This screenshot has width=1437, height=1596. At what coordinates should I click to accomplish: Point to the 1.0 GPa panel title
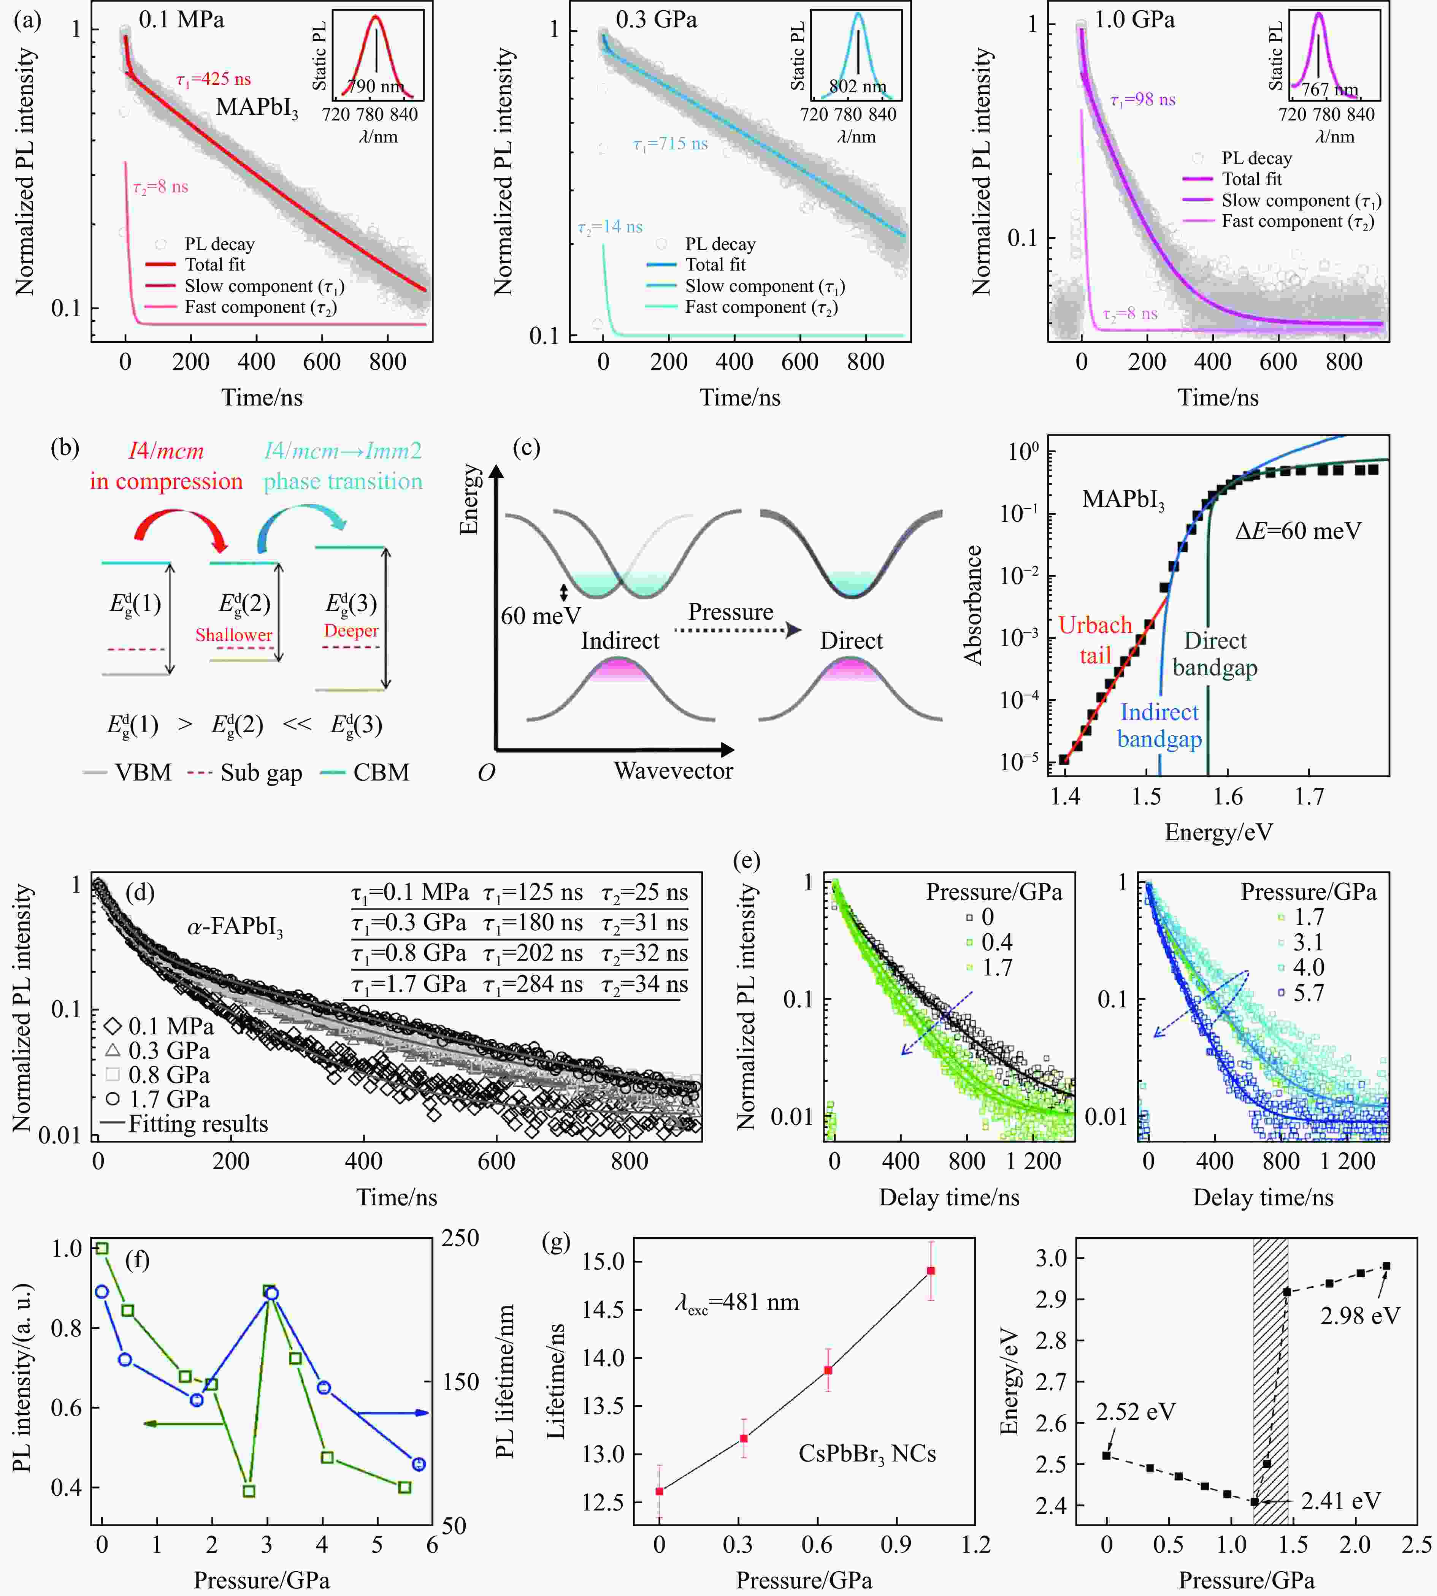[1135, 20]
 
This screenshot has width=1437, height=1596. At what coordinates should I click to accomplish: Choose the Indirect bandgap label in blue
[1159, 725]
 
